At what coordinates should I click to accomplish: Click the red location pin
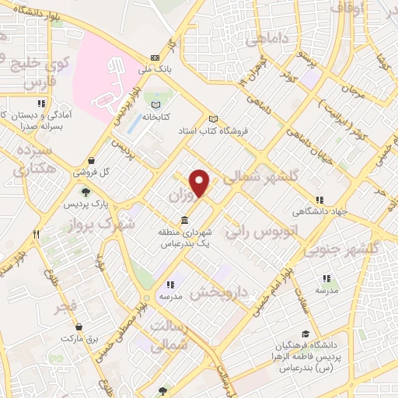(x=201, y=183)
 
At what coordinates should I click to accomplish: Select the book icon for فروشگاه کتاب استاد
(x=213, y=118)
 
